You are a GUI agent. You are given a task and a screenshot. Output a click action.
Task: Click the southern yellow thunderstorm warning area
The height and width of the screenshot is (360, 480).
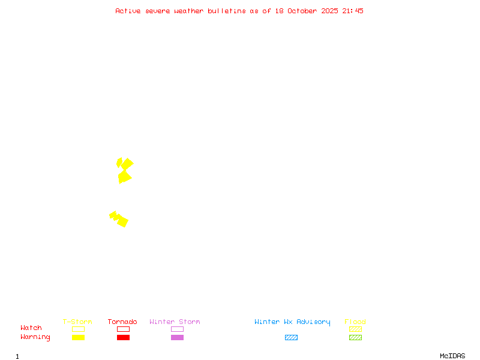[x=120, y=219]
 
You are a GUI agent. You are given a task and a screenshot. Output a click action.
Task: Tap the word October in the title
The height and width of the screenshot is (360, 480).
[x=306, y=11]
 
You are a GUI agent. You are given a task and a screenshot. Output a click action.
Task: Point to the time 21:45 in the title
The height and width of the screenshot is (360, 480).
[x=353, y=11]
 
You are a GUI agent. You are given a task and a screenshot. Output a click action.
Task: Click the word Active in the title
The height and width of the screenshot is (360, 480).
[x=128, y=11]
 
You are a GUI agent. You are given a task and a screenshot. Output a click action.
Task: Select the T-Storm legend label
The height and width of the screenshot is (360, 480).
[x=77, y=322]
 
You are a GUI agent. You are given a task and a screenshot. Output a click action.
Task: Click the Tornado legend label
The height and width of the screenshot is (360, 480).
[x=122, y=322]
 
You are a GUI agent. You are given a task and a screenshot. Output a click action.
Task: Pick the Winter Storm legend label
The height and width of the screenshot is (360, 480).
[x=175, y=322]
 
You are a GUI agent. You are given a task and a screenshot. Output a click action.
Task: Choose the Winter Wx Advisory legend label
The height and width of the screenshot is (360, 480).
[x=292, y=322]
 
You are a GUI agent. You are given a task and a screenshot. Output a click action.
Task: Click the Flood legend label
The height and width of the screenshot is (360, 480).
[x=355, y=322]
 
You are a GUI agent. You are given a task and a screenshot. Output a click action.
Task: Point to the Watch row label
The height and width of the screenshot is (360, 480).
[x=31, y=328]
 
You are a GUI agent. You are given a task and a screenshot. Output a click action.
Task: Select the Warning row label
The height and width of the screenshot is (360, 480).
[x=35, y=337]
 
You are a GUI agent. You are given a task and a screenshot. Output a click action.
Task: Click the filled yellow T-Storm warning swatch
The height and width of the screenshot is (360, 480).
[x=78, y=338]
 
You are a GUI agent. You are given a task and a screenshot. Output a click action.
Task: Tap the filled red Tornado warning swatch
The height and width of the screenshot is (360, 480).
[x=123, y=338]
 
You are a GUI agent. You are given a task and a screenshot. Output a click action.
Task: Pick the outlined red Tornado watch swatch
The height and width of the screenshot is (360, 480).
[x=123, y=329]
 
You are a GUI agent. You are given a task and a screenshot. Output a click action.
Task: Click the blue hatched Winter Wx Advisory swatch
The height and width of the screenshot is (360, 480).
[x=291, y=338]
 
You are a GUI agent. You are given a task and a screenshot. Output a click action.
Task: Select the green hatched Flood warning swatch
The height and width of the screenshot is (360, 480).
[x=355, y=338]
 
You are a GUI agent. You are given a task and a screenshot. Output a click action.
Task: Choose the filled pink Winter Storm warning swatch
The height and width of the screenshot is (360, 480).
[x=177, y=338]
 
